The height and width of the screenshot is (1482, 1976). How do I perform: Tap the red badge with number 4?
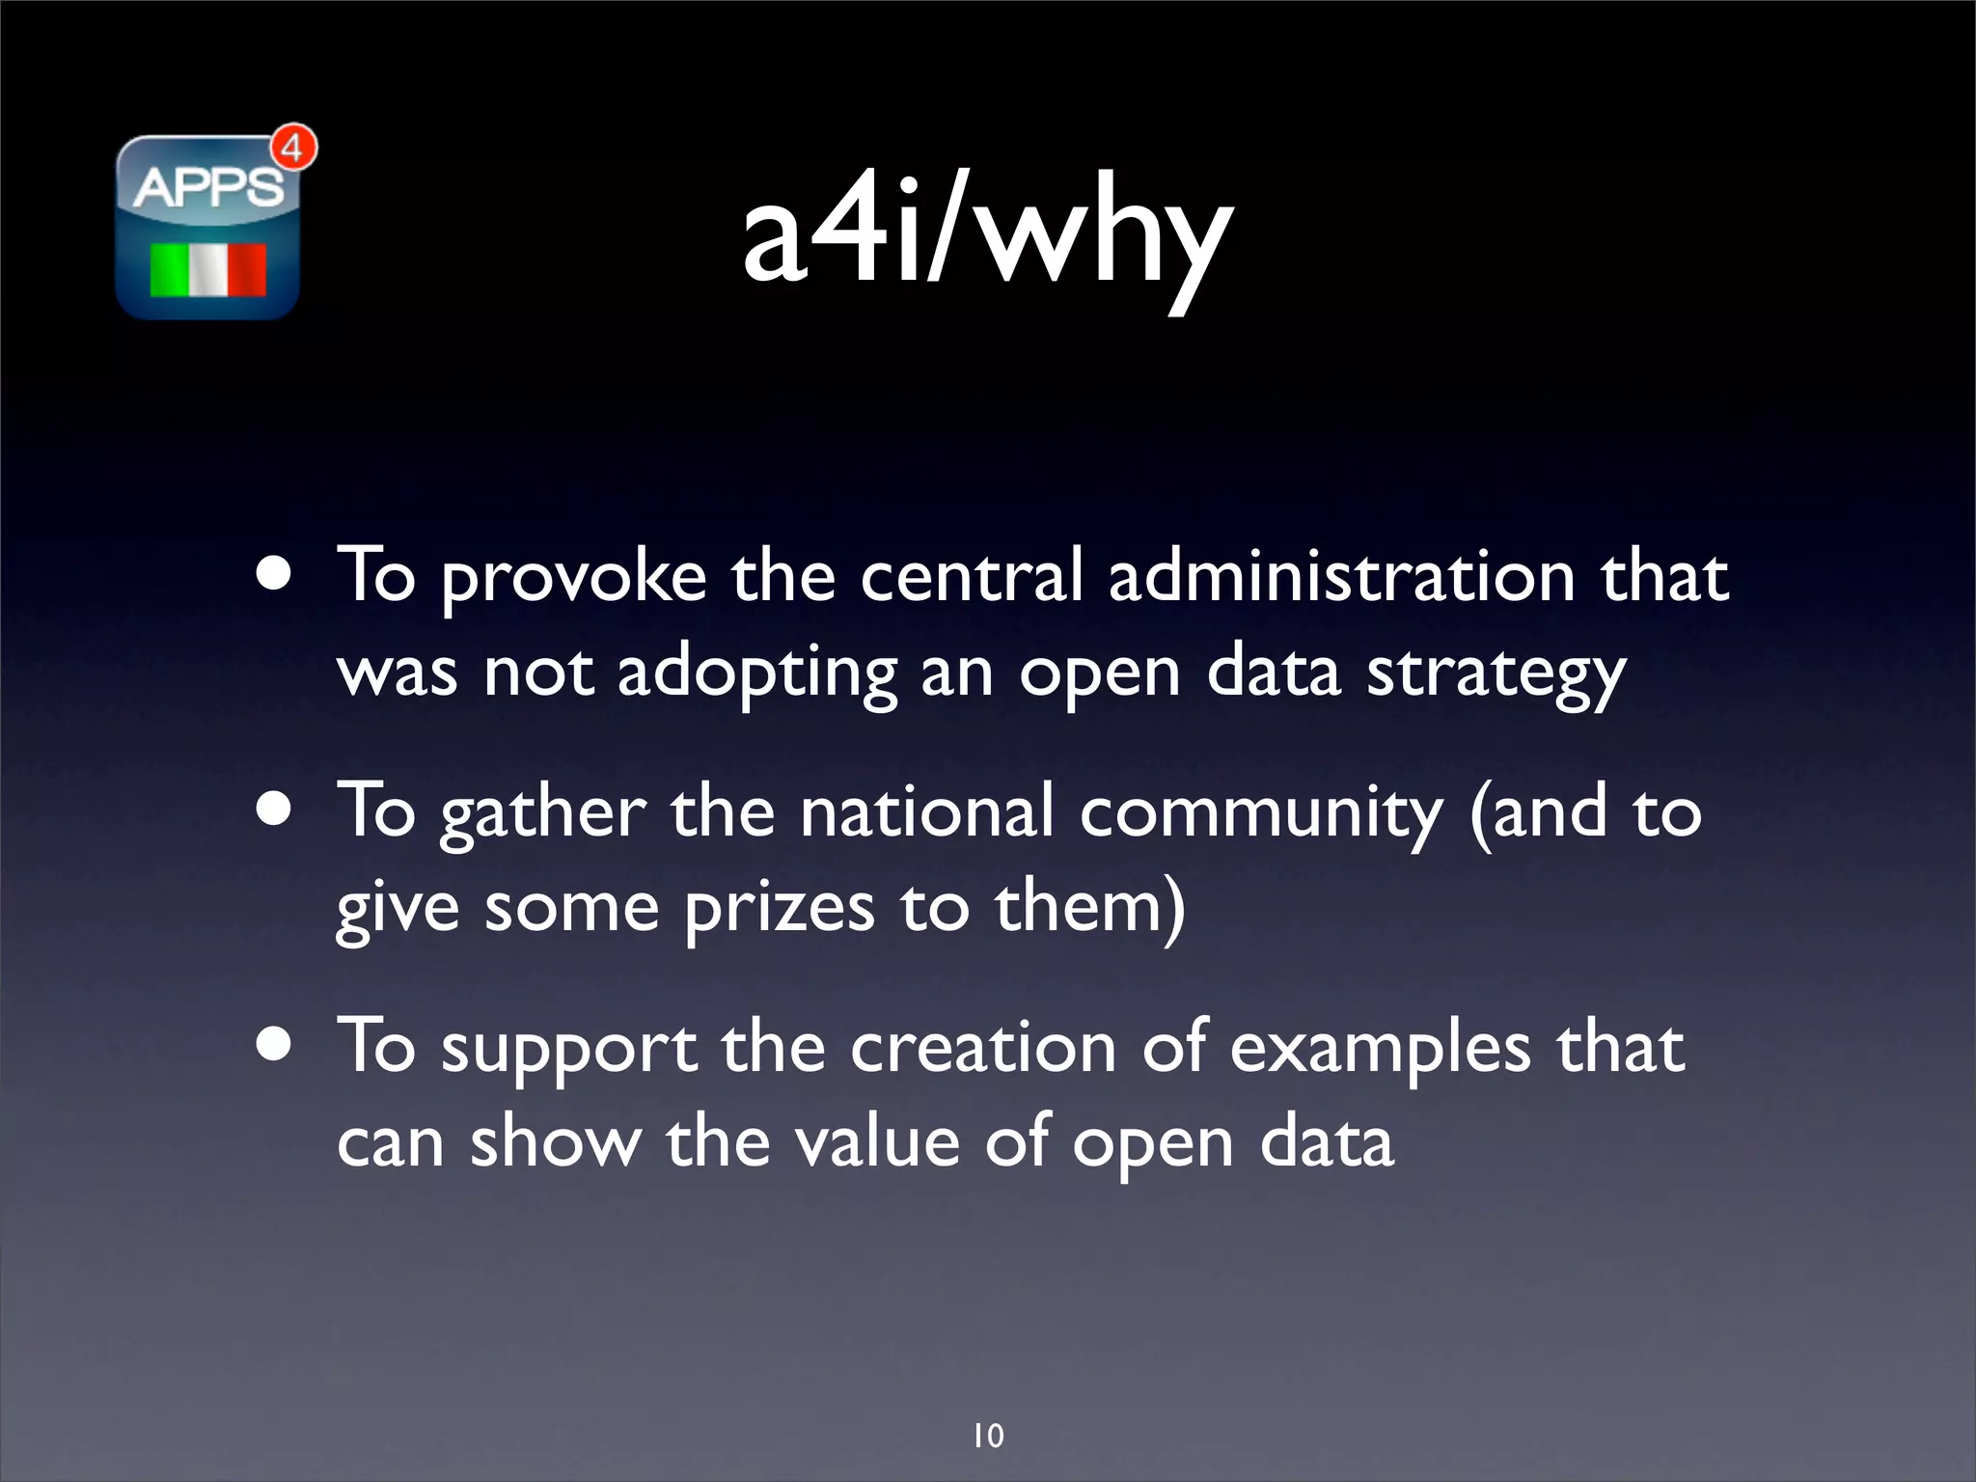click(x=292, y=148)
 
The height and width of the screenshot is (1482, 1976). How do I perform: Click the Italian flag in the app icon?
click(x=207, y=269)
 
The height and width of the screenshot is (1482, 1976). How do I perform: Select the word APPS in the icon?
click(x=208, y=187)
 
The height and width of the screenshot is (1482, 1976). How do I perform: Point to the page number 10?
click(x=987, y=1436)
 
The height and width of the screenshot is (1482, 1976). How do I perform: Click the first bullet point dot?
click(x=277, y=575)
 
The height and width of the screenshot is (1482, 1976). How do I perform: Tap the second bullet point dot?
click(x=277, y=810)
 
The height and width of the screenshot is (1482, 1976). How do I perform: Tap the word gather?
click(x=542, y=813)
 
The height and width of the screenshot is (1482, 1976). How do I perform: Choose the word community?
click(x=1260, y=813)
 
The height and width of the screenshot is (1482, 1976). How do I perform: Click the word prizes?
click(x=779, y=910)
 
